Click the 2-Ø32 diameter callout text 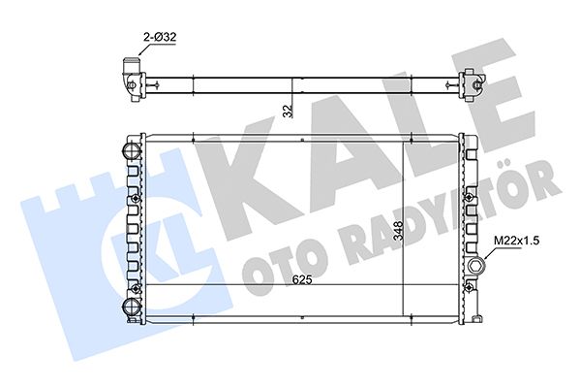click(x=160, y=37)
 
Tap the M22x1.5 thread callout click(x=516, y=241)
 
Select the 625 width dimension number click(x=302, y=279)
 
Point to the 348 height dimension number click(x=398, y=231)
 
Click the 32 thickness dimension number click(x=288, y=111)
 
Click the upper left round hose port click(x=131, y=151)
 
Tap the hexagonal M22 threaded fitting click(x=475, y=266)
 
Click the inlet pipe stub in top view click(x=130, y=67)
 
